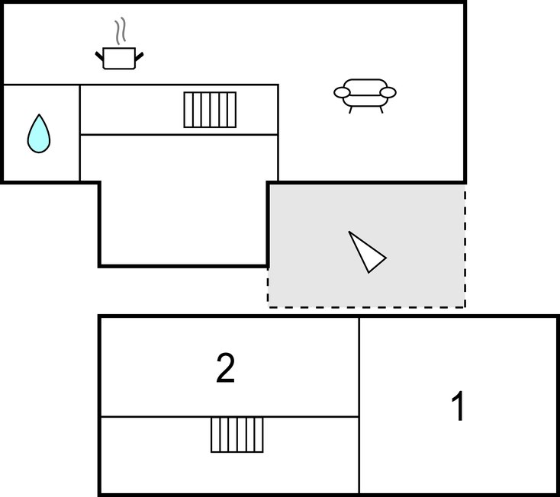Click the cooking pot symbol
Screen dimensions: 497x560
tap(119, 59)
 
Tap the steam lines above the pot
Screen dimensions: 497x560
tap(120, 33)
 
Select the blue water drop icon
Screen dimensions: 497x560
tap(39, 133)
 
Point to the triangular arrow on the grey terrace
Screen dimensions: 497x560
tap(367, 252)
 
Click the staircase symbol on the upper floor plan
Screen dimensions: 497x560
tap(210, 110)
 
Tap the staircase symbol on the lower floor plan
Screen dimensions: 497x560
tap(237, 434)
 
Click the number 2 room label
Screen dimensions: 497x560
tap(225, 369)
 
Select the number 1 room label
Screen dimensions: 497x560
tap(458, 407)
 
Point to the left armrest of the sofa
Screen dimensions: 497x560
tap(342, 93)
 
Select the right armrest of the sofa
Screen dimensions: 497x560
tap(388, 93)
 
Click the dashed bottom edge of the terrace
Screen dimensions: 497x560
tap(366, 306)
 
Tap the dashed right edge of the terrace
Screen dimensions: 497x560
tap(465, 244)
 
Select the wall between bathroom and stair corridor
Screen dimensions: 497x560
tap(80, 133)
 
